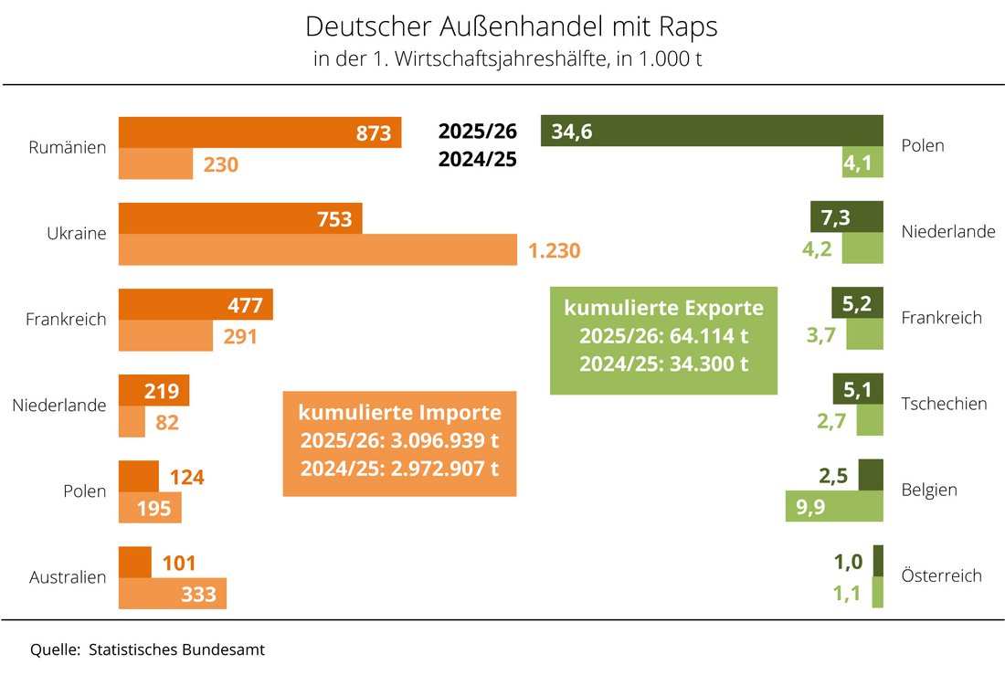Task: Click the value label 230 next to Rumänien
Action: click(x=220, y=164)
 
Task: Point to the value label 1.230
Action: click(x=555, y=250)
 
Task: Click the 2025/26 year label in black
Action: click(x=478, y=132)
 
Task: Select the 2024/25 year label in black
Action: click(x=478, y=160)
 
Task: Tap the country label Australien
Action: click(x=68, y=577)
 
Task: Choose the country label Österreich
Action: click(x=941, y=575)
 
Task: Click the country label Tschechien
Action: click(x=944, y=404)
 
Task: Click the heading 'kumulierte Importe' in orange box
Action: click(x=399, y=413)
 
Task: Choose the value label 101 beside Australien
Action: click(x=178, y=563)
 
